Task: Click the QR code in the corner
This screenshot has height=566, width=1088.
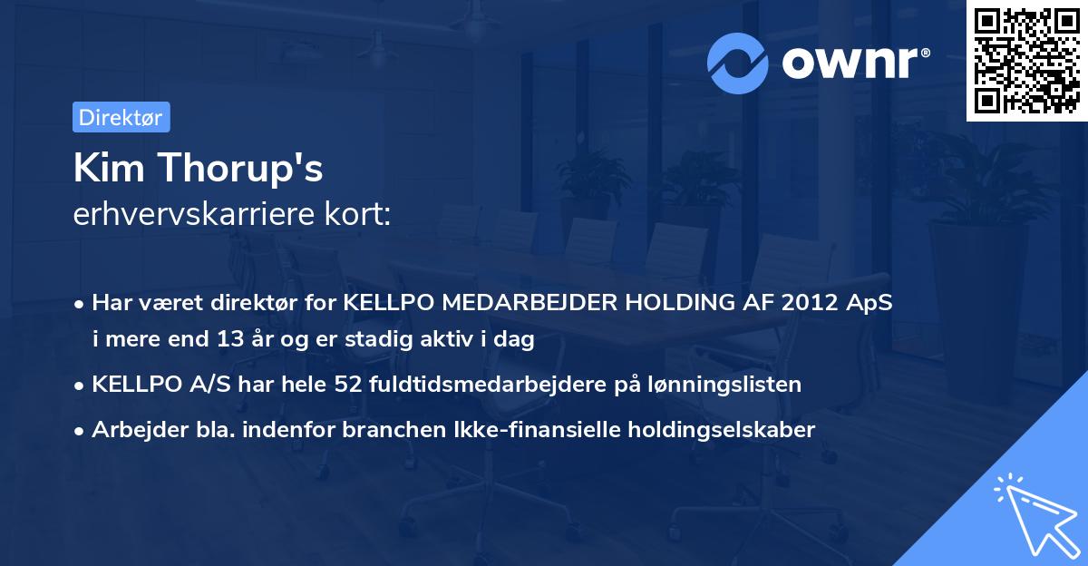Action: pyautogui.click(x=1026, y=61)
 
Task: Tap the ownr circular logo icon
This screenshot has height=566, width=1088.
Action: pyautogui.click(x=739, y=63)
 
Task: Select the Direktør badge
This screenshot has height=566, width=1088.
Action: pyautogui.click(x=121, y=117)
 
